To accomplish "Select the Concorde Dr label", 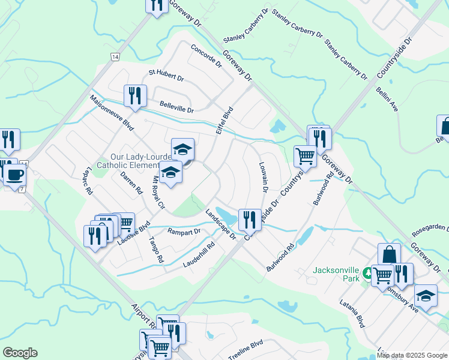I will [x=206, y=55].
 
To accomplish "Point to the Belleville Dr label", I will [x=176, y=107].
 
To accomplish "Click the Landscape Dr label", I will [x=220, y=224].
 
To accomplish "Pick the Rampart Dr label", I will [x=183, y=231].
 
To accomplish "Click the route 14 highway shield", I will [x=115, y=56].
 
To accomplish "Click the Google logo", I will [x=20, y=353].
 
